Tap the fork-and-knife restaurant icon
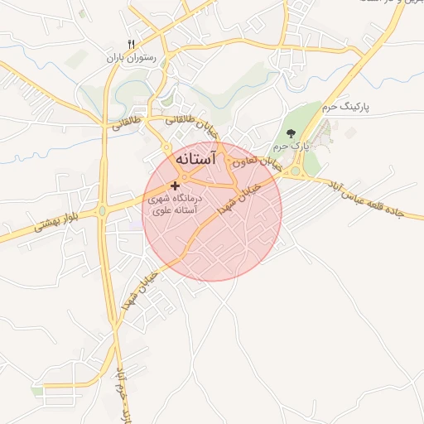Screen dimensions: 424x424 pos(130,43)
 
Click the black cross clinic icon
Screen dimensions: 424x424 pos(175,185)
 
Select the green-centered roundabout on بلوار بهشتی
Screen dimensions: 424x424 pos(102,210)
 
